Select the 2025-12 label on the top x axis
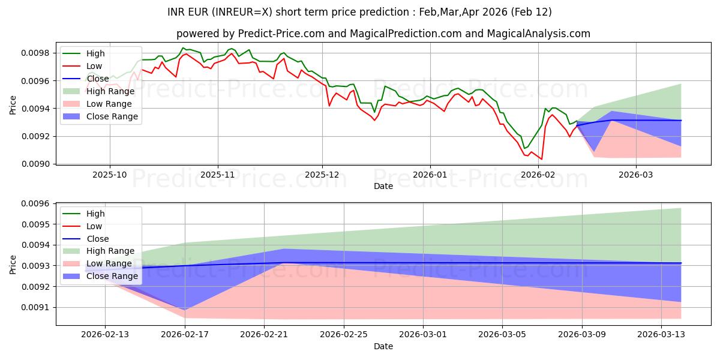(x=323, y=175)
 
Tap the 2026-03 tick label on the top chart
(x=636, y=175)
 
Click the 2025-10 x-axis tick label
(x=109, y=175)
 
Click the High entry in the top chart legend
(x=95, y=53)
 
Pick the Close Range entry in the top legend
(x=112, y=116)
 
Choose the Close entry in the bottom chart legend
(x=97, y=239)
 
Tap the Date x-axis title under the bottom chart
(x=383, y=346)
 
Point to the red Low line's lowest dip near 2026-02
(x=542, y=159)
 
